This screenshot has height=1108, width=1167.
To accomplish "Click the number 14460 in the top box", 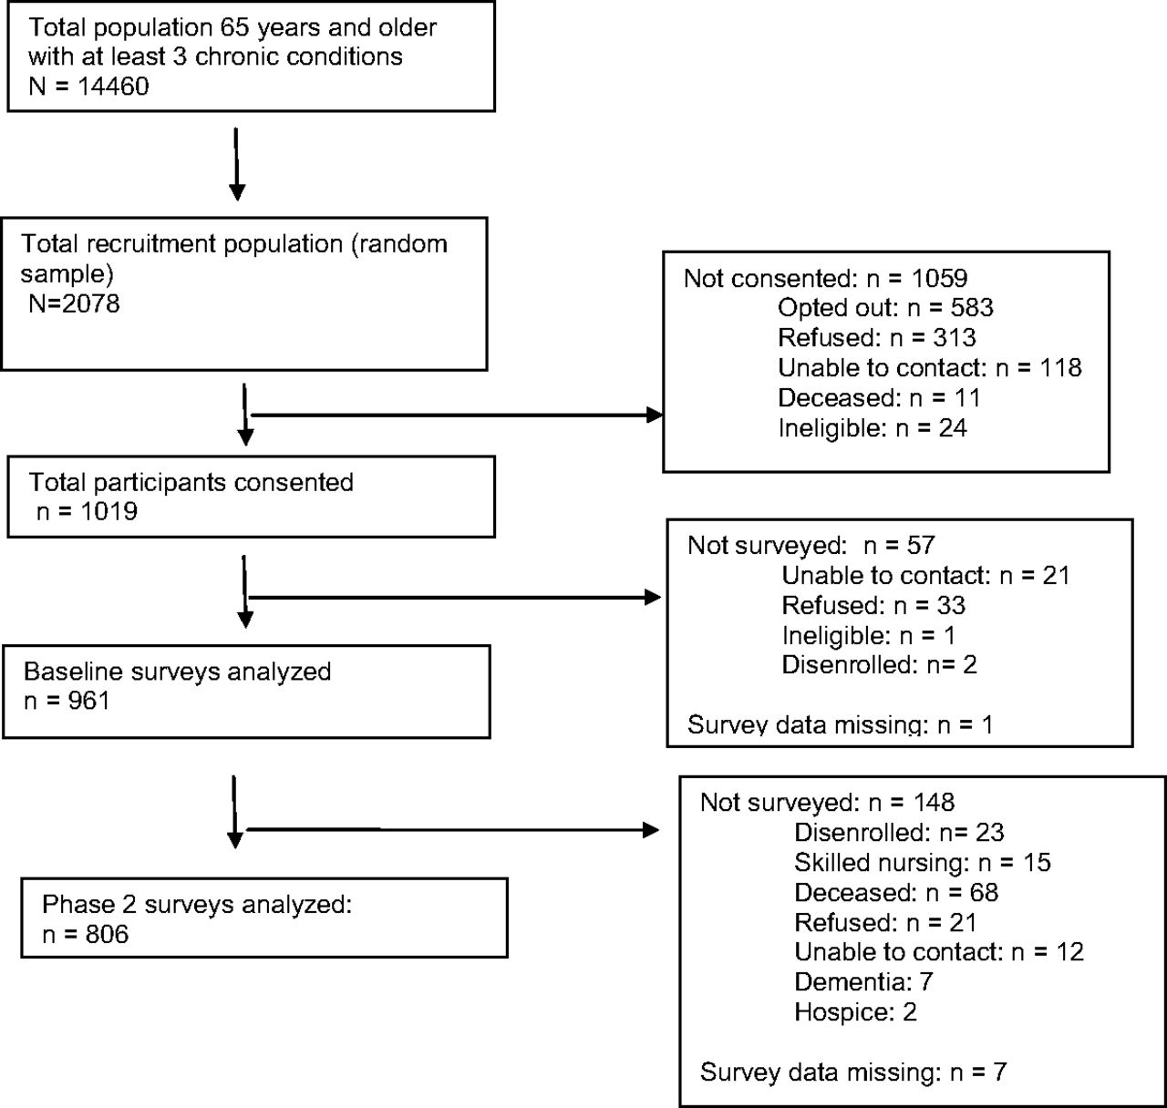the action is (x=113, y=87).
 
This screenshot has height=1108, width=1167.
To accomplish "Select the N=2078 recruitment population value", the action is (x=74, y=303).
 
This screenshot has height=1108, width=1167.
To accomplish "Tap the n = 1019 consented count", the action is (x=87, y=511).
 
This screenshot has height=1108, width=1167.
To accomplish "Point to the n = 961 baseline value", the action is (x=67, y=701).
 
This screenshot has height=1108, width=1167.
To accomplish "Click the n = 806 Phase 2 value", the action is (x=86, y=934).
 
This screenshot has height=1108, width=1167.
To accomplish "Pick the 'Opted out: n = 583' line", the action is (x=885, y=307).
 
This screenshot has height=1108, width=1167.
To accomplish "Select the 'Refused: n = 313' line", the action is (x=877, y=338).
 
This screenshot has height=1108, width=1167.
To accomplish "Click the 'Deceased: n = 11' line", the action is (x=879, y=397).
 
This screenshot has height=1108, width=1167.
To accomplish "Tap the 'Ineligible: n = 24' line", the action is (x=873, y=428).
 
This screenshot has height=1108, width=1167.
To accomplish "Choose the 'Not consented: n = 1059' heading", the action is (x=826, y=278).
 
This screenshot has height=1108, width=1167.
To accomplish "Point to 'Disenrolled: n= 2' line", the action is (x=879, y=664).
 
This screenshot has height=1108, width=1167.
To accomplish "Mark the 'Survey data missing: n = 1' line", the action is (x=841, y=724).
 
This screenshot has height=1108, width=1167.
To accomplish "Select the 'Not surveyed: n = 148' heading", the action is (x=828, y=803).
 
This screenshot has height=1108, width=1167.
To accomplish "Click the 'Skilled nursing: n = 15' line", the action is (x=923, y=862).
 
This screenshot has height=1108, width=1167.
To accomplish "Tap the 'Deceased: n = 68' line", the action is (x=896, y=893).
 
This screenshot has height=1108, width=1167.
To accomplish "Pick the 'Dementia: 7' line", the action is (x=863, y=982).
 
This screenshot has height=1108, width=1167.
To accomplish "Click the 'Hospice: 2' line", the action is (x=855, y=1012).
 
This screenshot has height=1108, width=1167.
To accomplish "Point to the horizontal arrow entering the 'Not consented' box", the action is (x=456, y=415).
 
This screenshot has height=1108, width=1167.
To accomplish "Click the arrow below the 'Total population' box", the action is (x=237, y=164).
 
